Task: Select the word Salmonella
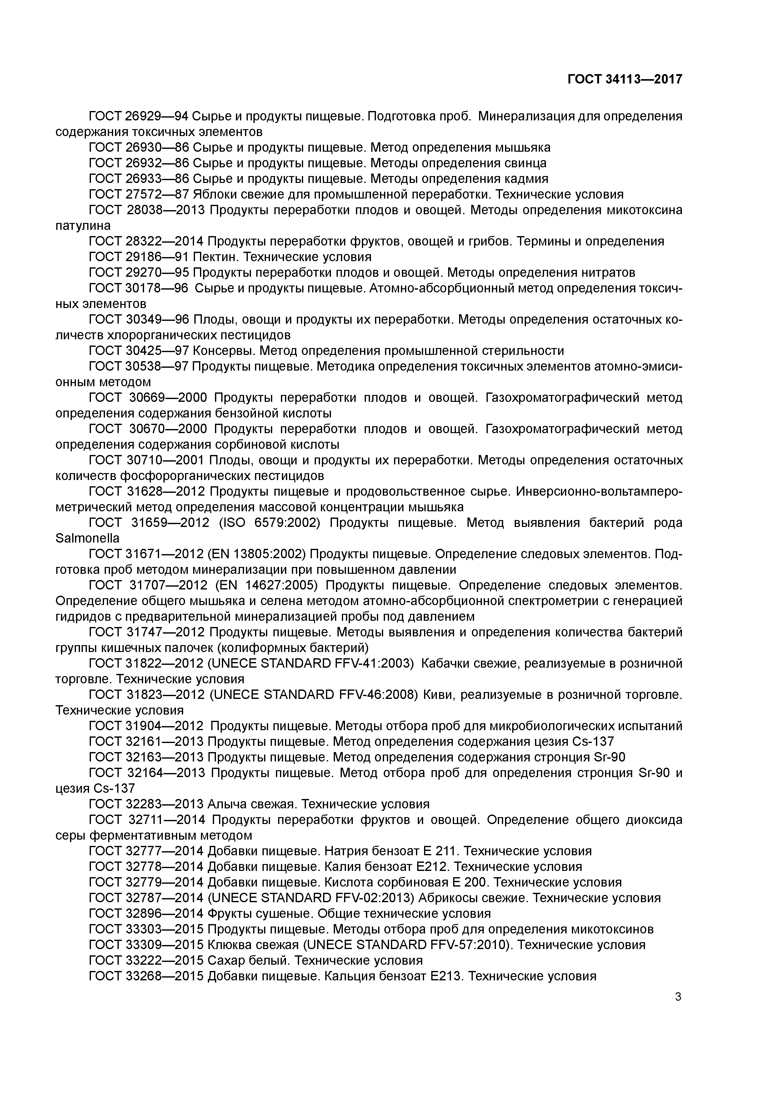[x=87, y=538]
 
